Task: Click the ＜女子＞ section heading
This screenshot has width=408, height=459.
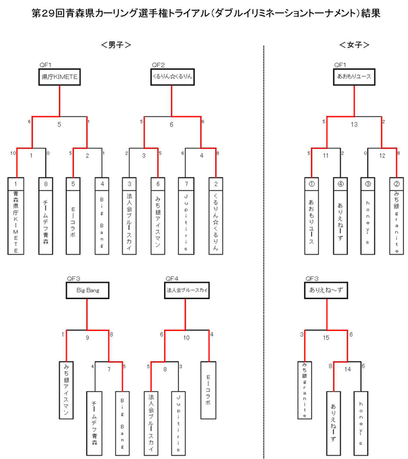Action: tap(354, 45)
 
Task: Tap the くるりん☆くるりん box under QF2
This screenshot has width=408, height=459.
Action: tap(173, 77)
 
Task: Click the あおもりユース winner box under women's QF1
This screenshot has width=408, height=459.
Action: tap(354, 77)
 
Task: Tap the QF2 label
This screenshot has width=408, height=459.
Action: tap(158, 64)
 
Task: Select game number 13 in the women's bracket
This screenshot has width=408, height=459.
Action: tap(355, 125)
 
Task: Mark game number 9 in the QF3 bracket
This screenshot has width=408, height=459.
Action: tap(88, 338)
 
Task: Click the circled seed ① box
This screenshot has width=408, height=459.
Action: tap(311, 185)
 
